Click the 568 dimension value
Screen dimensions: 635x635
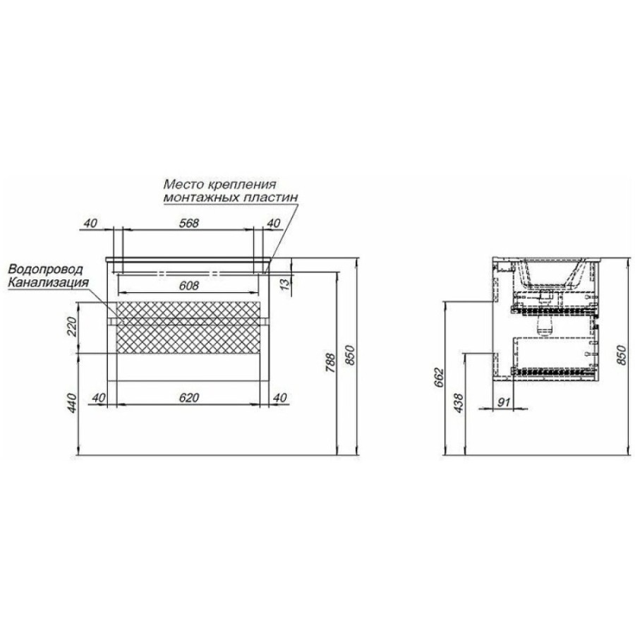tap(189, 223)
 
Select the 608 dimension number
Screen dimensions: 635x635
tap(189, 286)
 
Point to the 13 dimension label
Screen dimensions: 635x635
tap(286, 284)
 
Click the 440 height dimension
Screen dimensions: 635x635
tap(71, 403)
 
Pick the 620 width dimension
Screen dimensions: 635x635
tap(189, 398)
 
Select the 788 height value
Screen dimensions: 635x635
tap(331, 363)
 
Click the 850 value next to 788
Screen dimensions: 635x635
tap(350, 355)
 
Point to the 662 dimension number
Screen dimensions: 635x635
tap(440, 379)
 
